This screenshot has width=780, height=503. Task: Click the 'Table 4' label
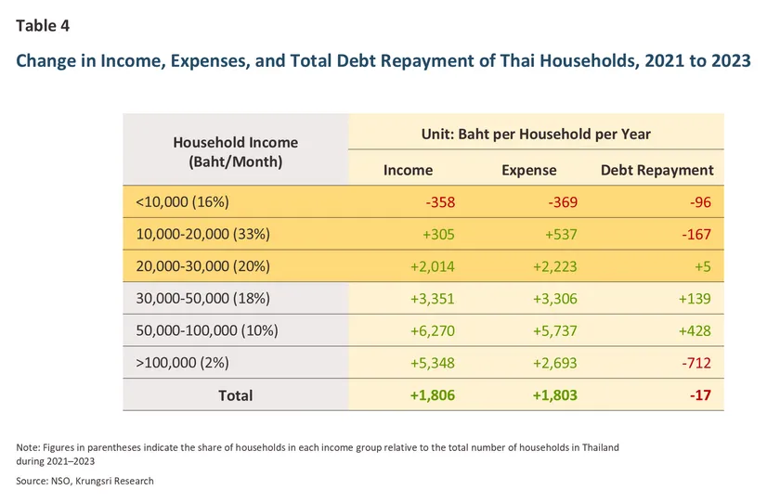pyautogui.click(x=43, y=26)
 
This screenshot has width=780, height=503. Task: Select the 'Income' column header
pyautogui.click(x=408, y=170)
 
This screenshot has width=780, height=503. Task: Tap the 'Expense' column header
pyautogui.click(x=528, y=170)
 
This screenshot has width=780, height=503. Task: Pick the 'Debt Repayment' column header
pyautogui.click(x=657, y=170)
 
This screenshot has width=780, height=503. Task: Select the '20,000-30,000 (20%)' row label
pyautogui.click(x=202, y=266)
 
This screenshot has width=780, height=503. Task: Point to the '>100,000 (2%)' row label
pyautogui.click(x=182, y=363)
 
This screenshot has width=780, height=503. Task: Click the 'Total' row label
pyautogui.click(x=235, y=395)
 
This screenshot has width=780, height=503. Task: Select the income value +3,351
pyautogui.click(x=432, y=299)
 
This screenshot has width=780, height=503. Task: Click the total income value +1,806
pyautogui.click(x=432, y=395)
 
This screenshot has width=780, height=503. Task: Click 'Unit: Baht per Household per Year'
pyautogui.click(x=536, y=134)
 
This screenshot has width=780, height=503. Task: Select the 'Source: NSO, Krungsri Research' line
pyautogui.click(x=85, y=481)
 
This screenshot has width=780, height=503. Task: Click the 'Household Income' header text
pyautogui.click(x=235, y=142)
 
